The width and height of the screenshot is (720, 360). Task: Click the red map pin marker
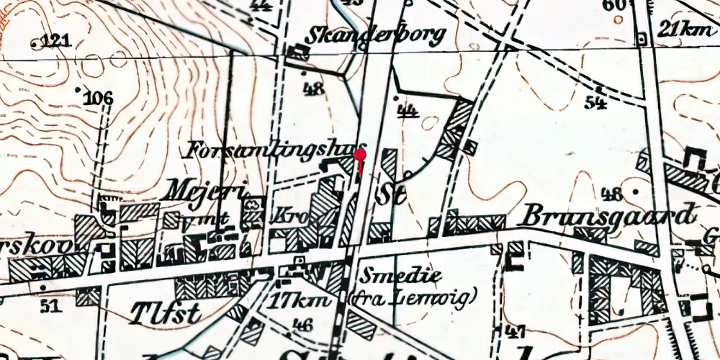360,155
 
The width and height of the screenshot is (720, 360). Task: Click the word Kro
286,216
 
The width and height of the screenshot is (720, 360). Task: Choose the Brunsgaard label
608,215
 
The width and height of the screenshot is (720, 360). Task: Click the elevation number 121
55,41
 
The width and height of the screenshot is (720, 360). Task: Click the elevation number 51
49,307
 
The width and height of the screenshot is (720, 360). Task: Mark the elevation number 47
513,331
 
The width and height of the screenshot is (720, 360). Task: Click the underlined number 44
408,109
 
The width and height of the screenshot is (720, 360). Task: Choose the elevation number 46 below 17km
303,325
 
